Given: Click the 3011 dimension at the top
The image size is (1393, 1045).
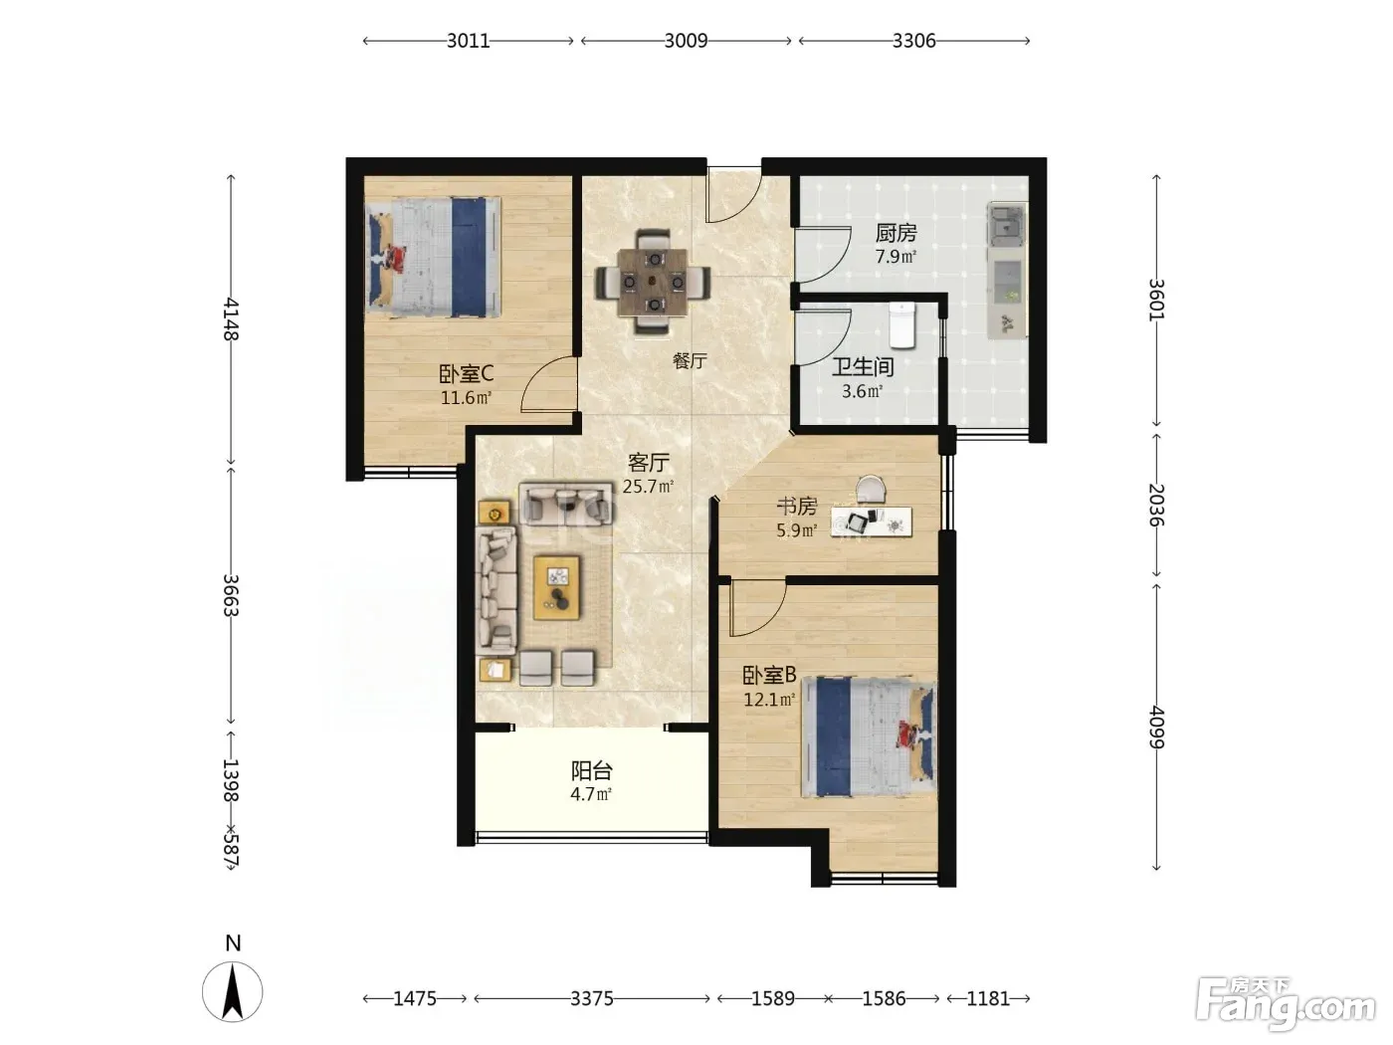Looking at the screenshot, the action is (469, 41).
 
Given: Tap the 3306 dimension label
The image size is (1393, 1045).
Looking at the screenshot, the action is (913, 41).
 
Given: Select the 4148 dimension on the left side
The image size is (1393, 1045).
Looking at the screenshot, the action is (231, 319).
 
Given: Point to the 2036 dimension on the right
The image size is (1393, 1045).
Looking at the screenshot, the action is (1156, 505).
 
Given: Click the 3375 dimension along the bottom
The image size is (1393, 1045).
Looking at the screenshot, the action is (591, 998).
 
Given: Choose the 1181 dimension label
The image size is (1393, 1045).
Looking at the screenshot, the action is (988, 998).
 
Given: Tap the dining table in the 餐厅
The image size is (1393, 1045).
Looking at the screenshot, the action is (653, 281).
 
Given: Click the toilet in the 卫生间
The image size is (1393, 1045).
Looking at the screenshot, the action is (901, 325).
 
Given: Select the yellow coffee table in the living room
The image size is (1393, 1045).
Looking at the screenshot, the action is (556, 587).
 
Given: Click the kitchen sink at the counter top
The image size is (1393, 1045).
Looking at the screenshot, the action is (1006, 225).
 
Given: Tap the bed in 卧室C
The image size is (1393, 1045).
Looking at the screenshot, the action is (434, 257).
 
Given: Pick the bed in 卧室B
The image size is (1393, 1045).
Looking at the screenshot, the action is (869, 736).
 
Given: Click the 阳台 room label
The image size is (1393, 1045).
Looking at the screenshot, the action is (591, 771).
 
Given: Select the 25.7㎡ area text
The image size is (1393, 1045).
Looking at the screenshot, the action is (648, 487).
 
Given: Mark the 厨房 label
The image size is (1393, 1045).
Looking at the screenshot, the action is (896, 234).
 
